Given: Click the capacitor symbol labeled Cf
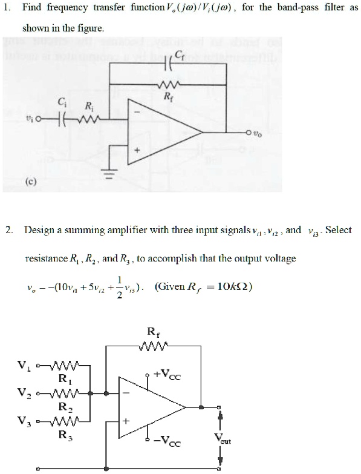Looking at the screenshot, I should point(167,65).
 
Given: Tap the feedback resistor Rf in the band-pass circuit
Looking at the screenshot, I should point(167,85).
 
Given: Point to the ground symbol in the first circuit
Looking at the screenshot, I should point(110,178).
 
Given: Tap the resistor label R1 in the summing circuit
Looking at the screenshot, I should point(61,379).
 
